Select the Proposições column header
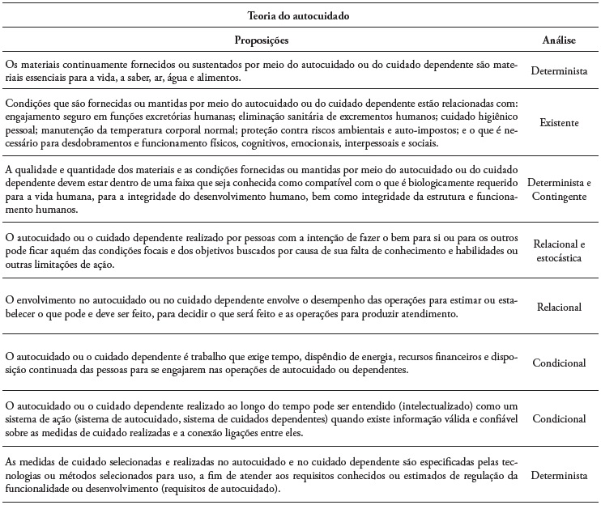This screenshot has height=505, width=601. pos(262,40)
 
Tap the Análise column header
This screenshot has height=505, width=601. pos(558,40)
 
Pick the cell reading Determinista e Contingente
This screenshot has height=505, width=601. pos(558,188)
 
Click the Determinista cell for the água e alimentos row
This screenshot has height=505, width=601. pos(558,71)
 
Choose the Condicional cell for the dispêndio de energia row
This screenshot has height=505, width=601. pos(558,363)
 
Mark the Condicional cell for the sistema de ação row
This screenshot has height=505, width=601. pos(558,420)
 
